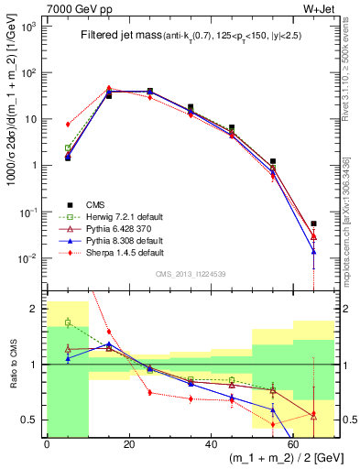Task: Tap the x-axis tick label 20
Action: click(x=129, y=444)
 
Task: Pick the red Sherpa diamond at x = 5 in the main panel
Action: click(x=68, y=124)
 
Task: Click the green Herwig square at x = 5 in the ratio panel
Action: click(x=68, y=322)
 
